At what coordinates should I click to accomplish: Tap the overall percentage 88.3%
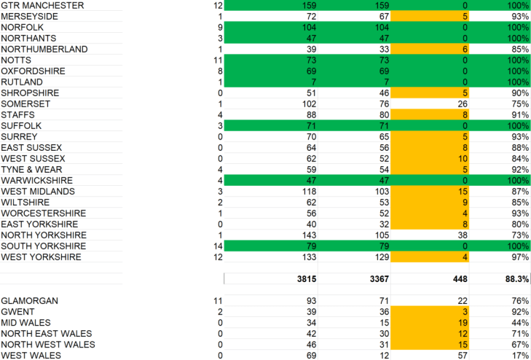coord(514,278)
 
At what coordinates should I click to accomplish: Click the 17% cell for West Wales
coord(519,355)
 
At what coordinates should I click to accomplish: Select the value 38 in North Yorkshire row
coord(461,235)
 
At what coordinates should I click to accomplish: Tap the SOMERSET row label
coord(26,103)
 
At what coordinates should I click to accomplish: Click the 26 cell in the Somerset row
coord(461,103)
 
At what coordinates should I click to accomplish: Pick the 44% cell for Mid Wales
coord(519,322)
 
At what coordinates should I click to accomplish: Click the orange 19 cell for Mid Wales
coord(461,322)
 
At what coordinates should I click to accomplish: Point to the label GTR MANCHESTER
coord(43,5)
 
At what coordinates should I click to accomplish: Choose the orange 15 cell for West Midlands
coord(461,191)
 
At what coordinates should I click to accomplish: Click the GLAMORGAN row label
coord(30,300)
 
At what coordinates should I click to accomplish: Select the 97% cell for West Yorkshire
coord(519,257)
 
